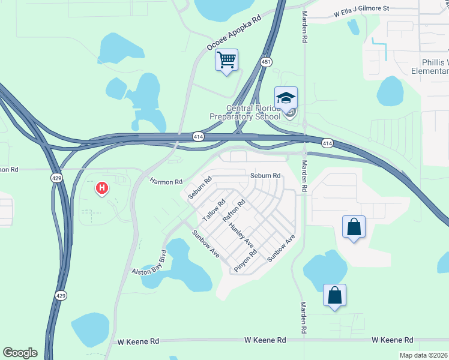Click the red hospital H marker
[x=102, y=188]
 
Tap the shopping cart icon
[x=226, y=60]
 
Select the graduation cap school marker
[x=286, y=98]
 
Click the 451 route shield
[x=266, y=62]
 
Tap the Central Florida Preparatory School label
[x=244, y=113]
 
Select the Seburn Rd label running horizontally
[x=265, y=176]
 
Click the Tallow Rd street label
[x=213, y=210]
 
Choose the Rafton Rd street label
[x=235, y=211]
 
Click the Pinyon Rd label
[x=246, y=260]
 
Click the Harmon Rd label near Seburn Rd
[x=166, y=181]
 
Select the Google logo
[x=20, y=353]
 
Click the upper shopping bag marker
[x=354, y=227]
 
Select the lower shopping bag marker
[x=334, y=295]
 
